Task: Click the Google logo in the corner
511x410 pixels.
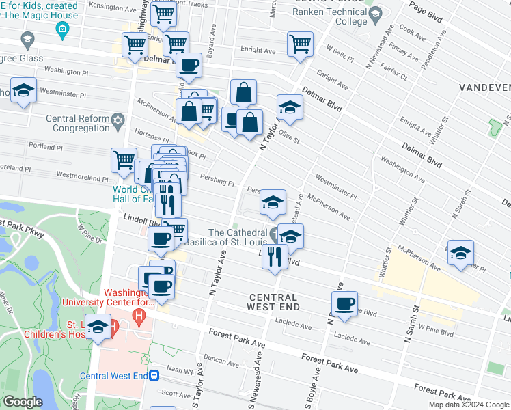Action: pos(23,402)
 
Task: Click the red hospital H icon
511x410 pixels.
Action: pos(139,316)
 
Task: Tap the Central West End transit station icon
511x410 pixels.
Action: pos(156,375)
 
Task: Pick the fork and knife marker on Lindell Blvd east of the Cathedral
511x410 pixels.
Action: pos(275,257)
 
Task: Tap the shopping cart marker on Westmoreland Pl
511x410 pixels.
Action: pos(124,160)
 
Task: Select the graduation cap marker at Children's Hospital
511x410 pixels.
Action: pos(98,327)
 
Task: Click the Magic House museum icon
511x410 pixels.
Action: pos(62,29)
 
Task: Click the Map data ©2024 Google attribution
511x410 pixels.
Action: pos(468,405)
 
